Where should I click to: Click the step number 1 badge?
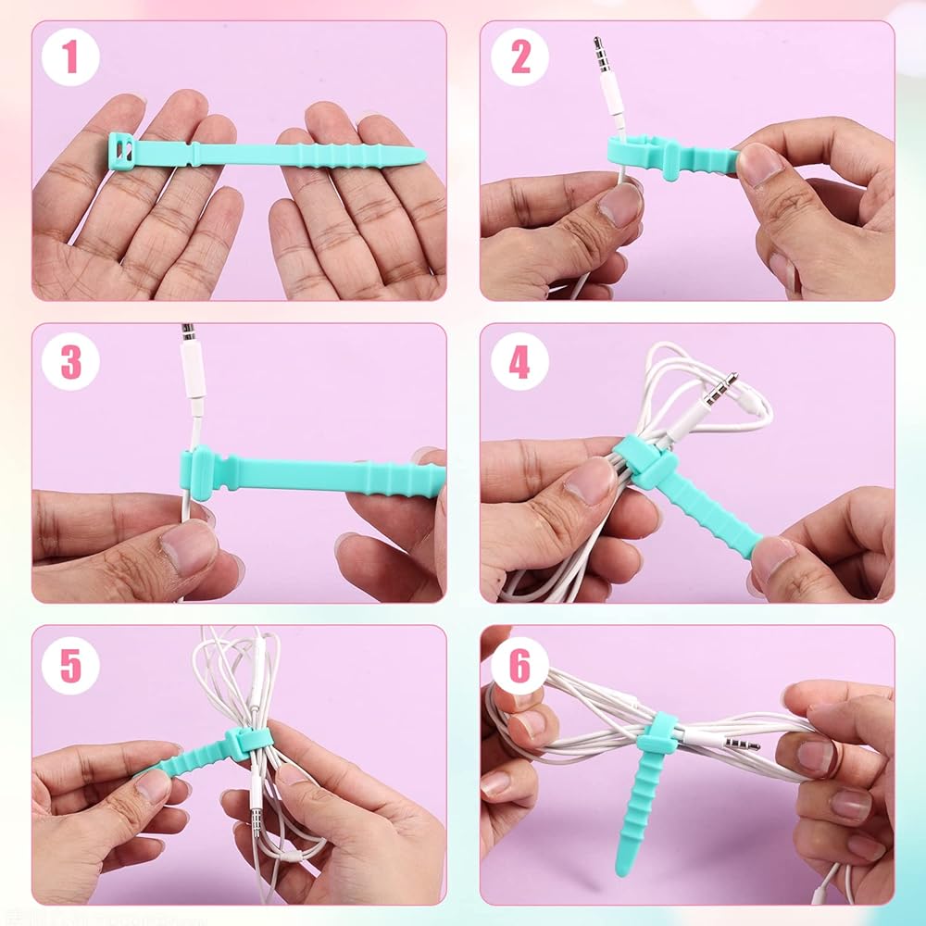(70, 56)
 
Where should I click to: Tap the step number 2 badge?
(519, 56)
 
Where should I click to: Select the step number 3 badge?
(70, 361)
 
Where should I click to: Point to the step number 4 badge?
(519, 361)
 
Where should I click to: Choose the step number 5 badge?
(70, 665)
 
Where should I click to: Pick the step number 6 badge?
(519, 665)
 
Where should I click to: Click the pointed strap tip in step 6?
(621, 868)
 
